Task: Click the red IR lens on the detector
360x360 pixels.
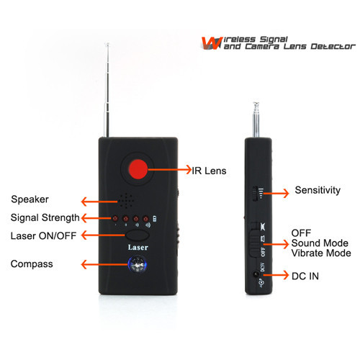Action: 138,169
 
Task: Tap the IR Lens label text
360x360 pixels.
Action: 209,171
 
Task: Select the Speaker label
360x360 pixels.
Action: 30,199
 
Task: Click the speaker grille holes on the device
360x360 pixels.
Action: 126,201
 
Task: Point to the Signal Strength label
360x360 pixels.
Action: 45,218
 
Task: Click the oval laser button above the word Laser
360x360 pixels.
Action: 137,235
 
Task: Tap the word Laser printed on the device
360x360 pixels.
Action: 138,248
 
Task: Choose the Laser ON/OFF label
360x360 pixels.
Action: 43,236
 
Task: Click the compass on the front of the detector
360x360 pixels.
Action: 138,265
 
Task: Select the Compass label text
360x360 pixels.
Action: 32,264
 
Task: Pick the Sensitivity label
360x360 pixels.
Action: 318,190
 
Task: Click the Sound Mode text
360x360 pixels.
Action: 320,243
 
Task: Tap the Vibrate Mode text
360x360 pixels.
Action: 321,253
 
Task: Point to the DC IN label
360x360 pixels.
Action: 305,276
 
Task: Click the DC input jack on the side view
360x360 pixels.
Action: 256,274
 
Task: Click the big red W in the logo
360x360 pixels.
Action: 211,43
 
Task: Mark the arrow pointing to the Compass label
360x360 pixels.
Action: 105,264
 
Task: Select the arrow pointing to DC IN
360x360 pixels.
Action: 276,275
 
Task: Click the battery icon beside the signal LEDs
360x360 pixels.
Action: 155,219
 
